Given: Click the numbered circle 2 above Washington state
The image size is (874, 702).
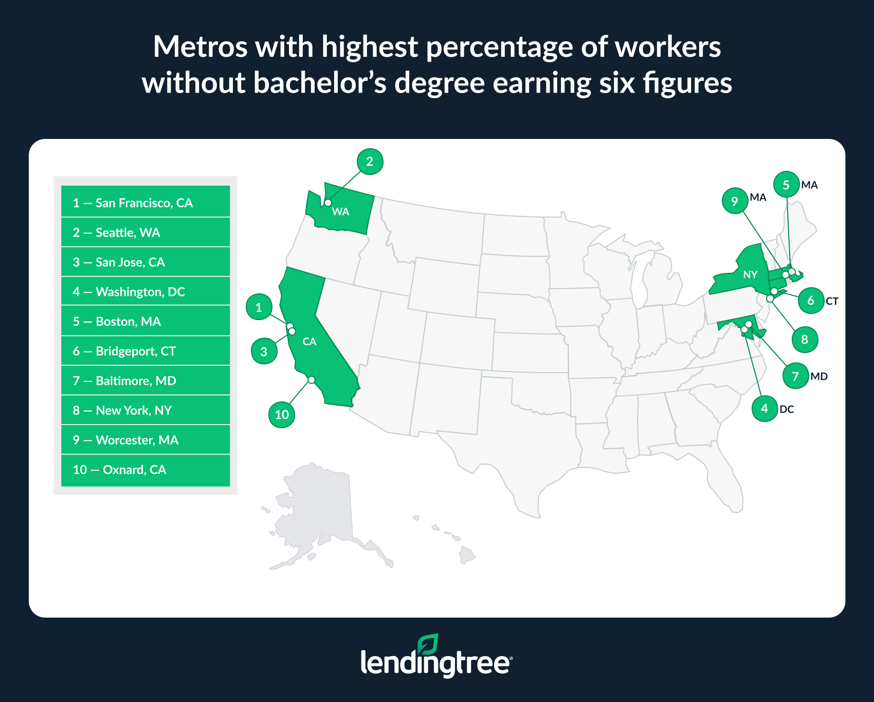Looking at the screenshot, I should click(370, 162).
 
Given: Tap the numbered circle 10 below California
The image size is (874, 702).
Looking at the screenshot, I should click(282, 414).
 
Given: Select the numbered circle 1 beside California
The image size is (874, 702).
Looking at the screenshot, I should click(259, 307).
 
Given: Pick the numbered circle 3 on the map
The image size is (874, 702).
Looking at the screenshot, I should click(264, 352).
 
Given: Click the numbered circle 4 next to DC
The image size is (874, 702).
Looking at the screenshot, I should click(764, 409).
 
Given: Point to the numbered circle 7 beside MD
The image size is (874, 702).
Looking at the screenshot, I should click(795, 376).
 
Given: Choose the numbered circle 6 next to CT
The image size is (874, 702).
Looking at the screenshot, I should click(811, 301).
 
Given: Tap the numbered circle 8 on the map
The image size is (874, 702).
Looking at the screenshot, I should click(805, 340).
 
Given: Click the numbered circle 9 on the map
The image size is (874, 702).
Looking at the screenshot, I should click(735, 201).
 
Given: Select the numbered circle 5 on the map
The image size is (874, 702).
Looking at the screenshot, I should click(786, 185).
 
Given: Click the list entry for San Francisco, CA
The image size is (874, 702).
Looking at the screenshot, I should click(145, 203).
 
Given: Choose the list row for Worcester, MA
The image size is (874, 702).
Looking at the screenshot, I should click(145, 440).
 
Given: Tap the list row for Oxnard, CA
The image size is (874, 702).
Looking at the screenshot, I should click(145, 470).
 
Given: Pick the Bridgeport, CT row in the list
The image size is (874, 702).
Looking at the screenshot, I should click(145, 351).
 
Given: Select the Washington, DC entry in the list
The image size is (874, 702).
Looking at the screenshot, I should click(145, 292).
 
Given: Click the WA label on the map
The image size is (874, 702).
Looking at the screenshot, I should click(340, 212).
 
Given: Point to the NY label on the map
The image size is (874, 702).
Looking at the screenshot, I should click(750, 275).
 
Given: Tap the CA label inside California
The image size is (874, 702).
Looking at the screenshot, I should click(309, 342).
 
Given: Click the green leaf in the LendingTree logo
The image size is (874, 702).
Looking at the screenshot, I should click(428, 644).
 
